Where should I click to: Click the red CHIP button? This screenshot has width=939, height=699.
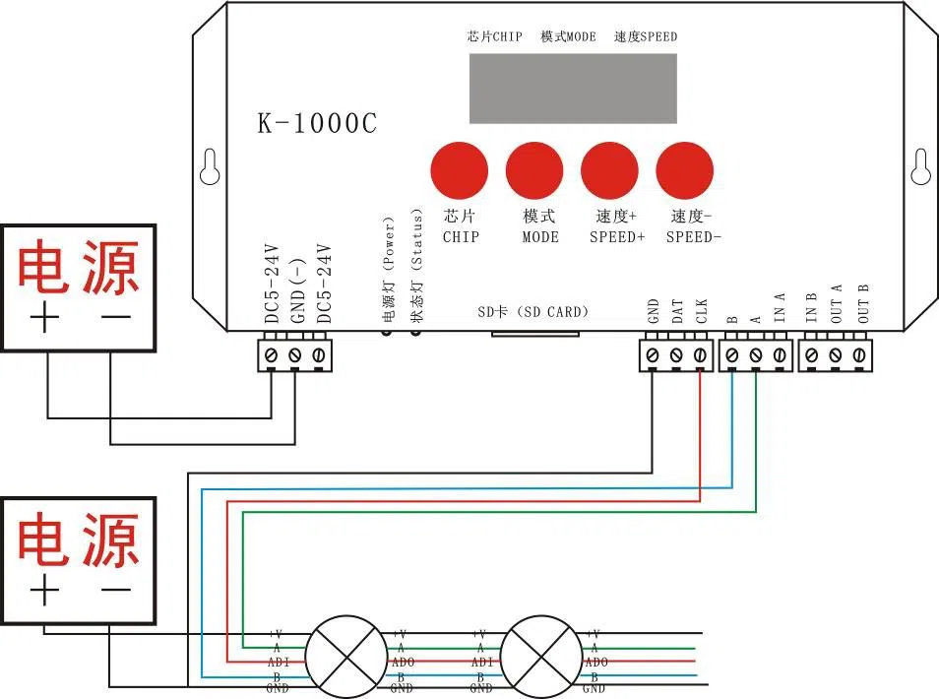460,169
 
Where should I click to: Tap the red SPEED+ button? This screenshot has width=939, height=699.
610,169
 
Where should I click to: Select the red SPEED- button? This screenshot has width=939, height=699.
686,169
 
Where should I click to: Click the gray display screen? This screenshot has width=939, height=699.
572,89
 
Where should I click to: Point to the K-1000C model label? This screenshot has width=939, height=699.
317,123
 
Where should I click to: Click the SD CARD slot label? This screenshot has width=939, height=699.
532,312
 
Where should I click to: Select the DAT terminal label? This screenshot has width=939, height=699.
677,312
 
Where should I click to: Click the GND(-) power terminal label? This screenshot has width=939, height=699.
295,286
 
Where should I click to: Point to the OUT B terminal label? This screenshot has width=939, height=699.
863,303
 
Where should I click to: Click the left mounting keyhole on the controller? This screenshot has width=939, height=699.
208,167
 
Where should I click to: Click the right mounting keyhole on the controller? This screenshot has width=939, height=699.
920,167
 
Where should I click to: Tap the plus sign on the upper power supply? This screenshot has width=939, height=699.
46,319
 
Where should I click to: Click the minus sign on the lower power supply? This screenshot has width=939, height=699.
116,590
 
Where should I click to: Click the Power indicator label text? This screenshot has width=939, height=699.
387,271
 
